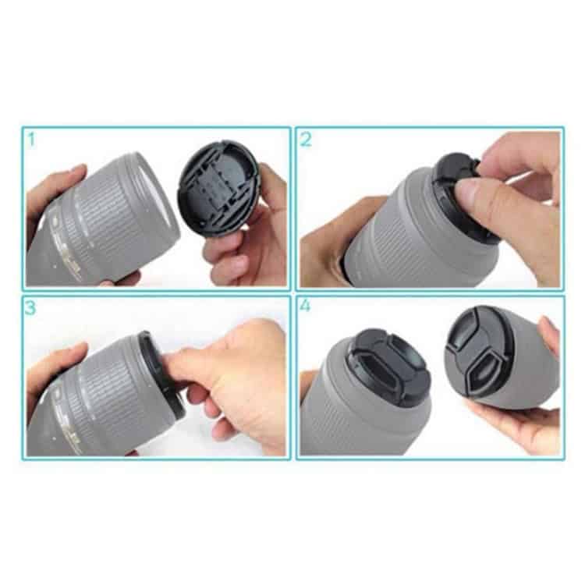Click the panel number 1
[x=31, y=140]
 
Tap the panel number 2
[x=306, y=140]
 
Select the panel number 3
[x=30, y=307]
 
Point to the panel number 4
[x=305, y=306]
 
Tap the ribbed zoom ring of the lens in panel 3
[x=105, y=382]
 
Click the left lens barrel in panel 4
[x=343, y=413]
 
